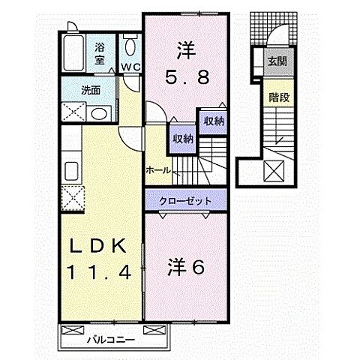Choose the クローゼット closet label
(x=183, y=201)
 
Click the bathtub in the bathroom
(x=73, y=52)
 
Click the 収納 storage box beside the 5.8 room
(x=210, y=121)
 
